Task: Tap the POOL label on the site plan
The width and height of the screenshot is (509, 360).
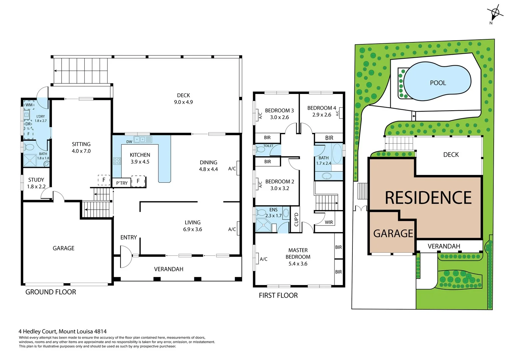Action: click(x=438, y=83)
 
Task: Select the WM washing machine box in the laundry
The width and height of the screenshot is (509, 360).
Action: click(x=29, y=105)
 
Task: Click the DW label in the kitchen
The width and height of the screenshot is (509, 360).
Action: click(x=129, y=142)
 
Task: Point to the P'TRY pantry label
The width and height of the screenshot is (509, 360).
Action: click(x=122, y=183)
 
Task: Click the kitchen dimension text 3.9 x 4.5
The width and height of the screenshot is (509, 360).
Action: click(x=140, y=162)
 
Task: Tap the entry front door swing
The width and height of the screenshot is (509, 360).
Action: click(x=126, y=256)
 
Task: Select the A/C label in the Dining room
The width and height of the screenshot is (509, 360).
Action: click(x=232, y=169)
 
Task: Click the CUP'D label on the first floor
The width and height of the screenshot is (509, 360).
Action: click(x=296, y=219)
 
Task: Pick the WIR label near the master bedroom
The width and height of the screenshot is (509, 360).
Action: click(x=328, y=222)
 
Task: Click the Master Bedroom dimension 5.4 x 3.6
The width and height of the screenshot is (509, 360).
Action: click(x=298, y=264)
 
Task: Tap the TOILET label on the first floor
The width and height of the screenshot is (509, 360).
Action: click(x=268, y=146)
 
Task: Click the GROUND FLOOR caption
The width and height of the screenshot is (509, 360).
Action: click(x=51, y=292)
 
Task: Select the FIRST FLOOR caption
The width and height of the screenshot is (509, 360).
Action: click(x=278, y=295)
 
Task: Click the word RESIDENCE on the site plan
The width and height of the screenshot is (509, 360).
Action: click(x=428, y=198)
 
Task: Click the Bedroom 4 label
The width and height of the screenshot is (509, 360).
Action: click(x=321, y=108)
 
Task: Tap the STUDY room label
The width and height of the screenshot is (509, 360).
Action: click(x=36, y=180)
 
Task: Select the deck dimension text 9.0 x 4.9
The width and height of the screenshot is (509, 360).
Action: click(x=183, y=102)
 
